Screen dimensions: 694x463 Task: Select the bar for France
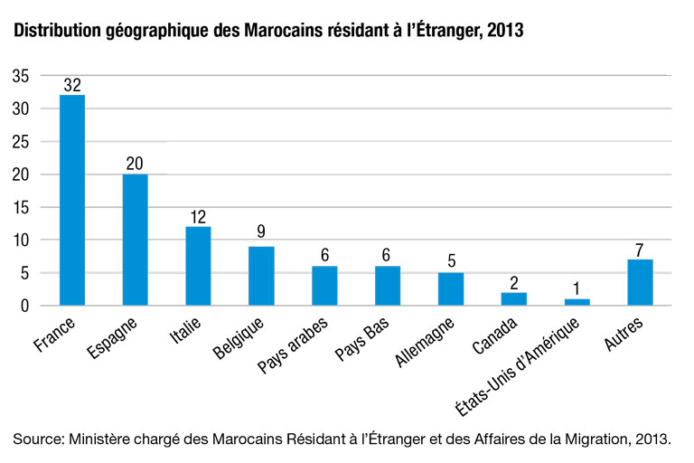point(72,200)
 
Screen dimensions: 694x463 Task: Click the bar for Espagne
point(135,240)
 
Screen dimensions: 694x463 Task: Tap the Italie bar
point(198,266)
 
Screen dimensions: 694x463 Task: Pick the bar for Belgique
point(261,276)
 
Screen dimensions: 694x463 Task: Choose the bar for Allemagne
point(451,288)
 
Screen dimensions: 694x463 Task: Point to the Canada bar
point(514,298)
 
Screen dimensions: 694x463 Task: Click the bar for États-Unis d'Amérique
point(577,302)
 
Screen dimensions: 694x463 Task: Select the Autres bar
point(640,282)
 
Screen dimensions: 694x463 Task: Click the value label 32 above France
point(72,85)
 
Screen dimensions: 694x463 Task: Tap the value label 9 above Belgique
point(261,231)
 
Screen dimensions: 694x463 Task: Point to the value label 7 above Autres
point(639,250)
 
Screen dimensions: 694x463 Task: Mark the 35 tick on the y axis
point(21,76)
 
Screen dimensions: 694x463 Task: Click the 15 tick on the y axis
point(21,207)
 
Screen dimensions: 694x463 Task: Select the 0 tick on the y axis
point(24,306)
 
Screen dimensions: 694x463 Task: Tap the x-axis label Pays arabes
point(293,345)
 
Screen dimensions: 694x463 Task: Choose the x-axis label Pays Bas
point(362,338)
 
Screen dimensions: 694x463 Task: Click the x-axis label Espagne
point(112,337)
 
